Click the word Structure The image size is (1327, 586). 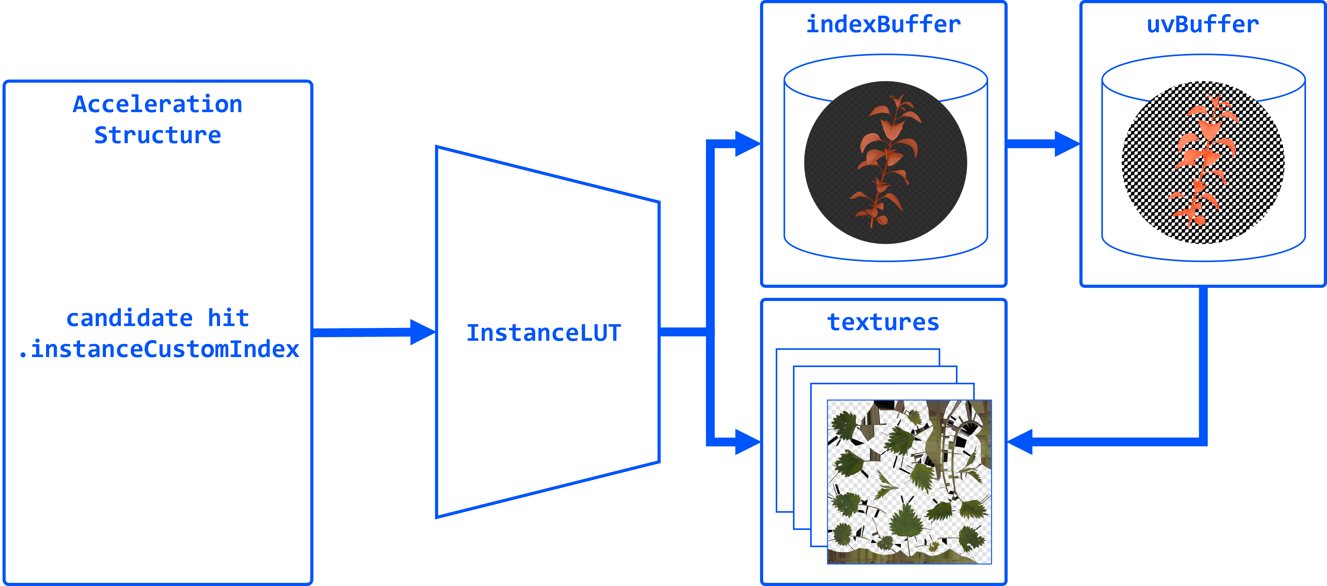pos(158,135)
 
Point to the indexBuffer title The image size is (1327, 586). pos(883,24)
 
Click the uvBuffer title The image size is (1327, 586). pos(1202,24)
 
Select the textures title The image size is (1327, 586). pos(883,322)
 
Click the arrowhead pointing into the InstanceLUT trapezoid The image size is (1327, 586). pos(422,332)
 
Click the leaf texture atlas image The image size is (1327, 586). pos(909,481)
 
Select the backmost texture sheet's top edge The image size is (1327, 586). pos(858,350)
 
